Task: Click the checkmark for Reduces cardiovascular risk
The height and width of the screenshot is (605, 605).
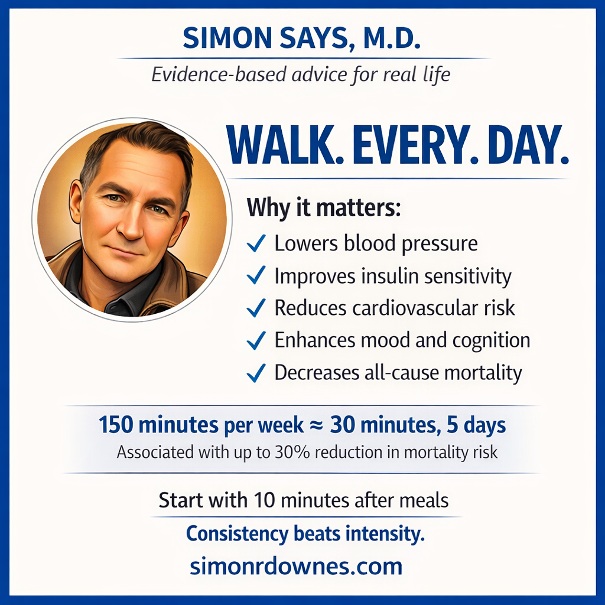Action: coord(256,308)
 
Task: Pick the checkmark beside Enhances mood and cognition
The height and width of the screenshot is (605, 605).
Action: coord(256,340)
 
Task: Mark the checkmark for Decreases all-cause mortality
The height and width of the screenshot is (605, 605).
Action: coord(256,373)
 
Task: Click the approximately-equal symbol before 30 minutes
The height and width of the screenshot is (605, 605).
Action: coord(317,425)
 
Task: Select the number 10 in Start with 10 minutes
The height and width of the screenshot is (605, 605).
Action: coord(264,500)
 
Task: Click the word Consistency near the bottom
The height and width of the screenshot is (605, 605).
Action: coord(237,534)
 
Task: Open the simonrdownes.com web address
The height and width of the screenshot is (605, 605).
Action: coord(296,567)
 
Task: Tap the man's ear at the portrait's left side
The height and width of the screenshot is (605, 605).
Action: coord(76,201)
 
